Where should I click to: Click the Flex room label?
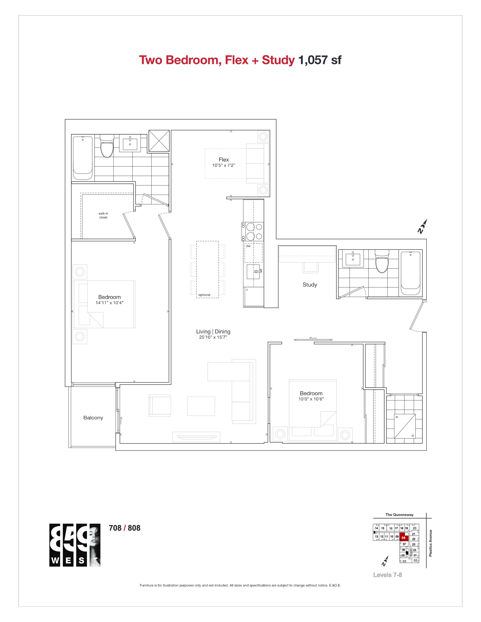[x=224, y=160]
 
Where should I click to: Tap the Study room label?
[x=310, y=285]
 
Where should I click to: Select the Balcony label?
[x=93, y=418]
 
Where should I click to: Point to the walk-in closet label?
[x=103, y=215]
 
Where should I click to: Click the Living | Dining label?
[x=213, y=332]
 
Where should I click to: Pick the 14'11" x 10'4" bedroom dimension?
[x=109, y=303]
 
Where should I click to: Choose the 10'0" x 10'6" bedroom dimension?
[x=311, y=399]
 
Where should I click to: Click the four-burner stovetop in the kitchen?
[x=252, y=232]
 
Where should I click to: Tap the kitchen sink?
[x=253, y=272]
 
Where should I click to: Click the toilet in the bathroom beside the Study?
[x=382, y=261]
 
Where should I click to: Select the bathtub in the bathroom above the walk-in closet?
[x=83, y=158]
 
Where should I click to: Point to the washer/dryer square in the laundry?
[x=405, y=426]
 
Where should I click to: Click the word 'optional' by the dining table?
[x=204, y=295]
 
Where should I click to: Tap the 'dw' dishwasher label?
[x=248, y=246]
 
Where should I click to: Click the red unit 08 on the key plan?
[x=404, y=537]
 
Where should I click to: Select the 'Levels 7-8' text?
[x=388, y=575]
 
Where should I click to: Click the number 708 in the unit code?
[x=115, y=528]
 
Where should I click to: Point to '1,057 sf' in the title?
[x=319, y=60]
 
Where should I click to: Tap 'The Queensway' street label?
[x=399, y=515]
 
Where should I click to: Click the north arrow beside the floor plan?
[x=422, y=226]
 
